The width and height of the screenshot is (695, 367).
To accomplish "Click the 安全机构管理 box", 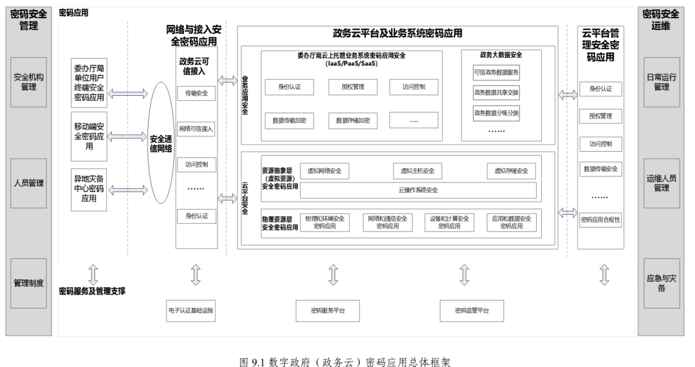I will tap(28, 82).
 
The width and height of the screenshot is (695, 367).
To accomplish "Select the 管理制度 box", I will tap(28, 283).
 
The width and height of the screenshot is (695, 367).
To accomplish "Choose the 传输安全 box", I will tap(196, 93).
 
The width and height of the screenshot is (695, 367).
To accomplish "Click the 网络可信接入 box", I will tap(196, 129).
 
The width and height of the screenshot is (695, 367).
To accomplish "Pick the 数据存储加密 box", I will tap(352, 120).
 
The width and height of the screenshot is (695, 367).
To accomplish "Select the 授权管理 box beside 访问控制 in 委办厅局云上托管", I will tap(351, 86).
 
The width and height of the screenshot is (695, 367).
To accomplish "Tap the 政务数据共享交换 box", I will tap(496, 92).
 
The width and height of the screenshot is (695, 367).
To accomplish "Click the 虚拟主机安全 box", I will tap(417, 170).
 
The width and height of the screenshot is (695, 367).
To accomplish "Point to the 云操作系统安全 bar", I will tap(418, 190).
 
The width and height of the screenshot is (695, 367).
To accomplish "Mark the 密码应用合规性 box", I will tap(600, 219).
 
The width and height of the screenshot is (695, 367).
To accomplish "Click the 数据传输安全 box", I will tap(600, 169).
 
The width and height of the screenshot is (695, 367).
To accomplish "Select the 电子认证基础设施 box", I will tap(190, 310).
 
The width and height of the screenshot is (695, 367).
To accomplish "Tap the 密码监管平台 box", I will tap(472, 310).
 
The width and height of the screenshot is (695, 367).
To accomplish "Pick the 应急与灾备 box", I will tap(662, 283).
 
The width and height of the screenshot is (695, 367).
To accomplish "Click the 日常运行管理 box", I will tap(662, 82).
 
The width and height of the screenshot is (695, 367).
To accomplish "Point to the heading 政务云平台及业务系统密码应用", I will tap(397, 33).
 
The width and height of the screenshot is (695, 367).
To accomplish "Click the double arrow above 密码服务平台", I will tap(333, 274).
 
